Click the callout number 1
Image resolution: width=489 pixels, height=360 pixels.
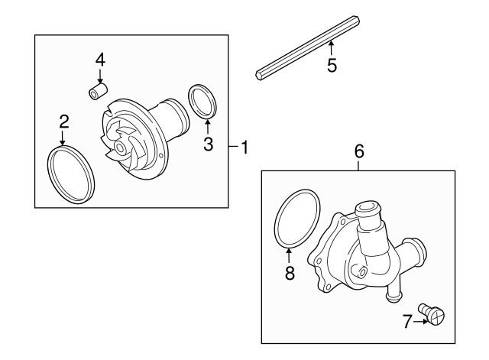pyautogui.click(x=244, y=148)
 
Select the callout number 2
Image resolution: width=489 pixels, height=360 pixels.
pyautogui.click(x=64, y=121)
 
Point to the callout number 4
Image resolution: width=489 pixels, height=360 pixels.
pyautogui.click(x=100, y=59)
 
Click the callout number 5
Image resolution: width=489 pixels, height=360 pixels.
pyautogui.click(x=331, y=65)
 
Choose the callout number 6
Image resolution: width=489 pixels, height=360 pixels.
pyautogui.click(x=359, y=151)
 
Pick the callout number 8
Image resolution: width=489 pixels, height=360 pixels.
pyautogui.click(x=290, y=274)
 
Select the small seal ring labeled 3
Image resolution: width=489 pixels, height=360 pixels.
pyautogui.click(x=202, y=102)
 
